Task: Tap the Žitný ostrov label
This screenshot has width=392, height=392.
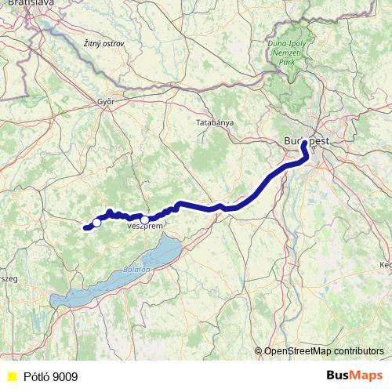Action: tap(103, 44)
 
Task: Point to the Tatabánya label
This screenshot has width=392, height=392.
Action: tap(213, 123)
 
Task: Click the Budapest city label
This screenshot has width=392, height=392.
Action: tap(305, 140)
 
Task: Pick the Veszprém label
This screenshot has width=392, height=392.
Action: tap(144, 226)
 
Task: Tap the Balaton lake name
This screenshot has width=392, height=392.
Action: tap(136, 269)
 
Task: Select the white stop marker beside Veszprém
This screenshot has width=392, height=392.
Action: tap(145, 220)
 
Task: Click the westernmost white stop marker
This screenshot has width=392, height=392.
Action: tap(96, 223)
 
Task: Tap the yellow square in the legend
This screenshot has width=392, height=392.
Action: tap(11, 377)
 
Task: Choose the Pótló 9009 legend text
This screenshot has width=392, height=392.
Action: tap(50, 377)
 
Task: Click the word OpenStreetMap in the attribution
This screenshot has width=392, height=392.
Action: tap(299, 350)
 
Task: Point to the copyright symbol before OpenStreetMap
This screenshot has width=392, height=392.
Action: tap(259, 350)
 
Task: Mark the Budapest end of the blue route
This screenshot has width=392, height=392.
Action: tap(303, 143)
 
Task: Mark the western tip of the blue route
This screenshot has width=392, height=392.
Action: tap(84, 228)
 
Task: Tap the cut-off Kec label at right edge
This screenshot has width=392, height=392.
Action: tap(385, 265)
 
